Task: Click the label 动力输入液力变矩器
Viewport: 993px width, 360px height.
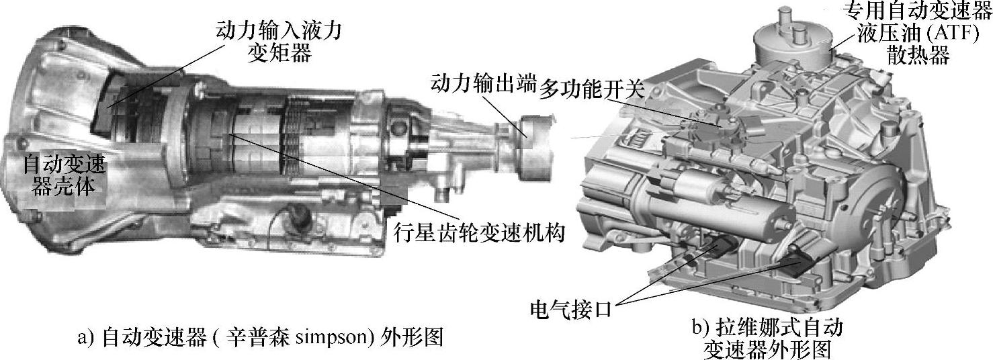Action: pos(278,42)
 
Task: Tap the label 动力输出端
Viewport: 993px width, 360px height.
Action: pos(484,84)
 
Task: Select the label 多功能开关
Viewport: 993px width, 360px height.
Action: pos(591,90)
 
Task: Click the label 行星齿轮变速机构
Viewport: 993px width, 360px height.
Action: pos(479,232)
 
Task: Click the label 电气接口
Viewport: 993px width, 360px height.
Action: pos(570,309)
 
